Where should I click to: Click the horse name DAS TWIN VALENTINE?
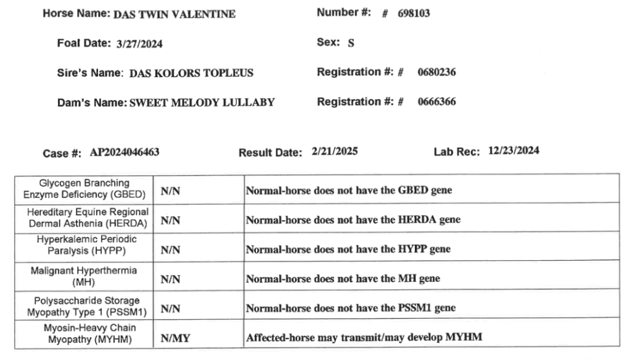click(174, 15)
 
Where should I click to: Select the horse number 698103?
click(414, 14)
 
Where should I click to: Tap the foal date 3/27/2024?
click(139, 44)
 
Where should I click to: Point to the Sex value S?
click(351, 43)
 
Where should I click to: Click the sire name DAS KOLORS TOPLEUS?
click(191, 73)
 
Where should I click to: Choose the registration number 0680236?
click(436, 73)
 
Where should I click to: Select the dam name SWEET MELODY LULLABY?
click(201, 103)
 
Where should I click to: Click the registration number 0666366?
click(436, 102)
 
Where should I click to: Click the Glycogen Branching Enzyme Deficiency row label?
click(84, 189)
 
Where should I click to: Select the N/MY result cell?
click(173, 338)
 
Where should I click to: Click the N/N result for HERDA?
click(170, 220)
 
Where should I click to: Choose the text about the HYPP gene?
click(348, 249)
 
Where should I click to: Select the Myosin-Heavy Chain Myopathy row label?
click(84, 333)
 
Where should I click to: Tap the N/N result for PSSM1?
click(170, 308)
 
